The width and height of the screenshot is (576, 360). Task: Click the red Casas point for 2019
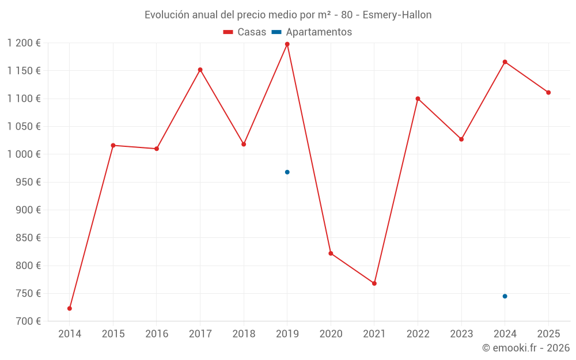[x=287, y=44]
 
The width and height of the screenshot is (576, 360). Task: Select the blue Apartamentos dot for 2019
[x=287, y=172]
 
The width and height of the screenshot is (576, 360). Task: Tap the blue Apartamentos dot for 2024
[x=505, y=296]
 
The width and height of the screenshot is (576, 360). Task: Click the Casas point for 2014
[x=70, y=309]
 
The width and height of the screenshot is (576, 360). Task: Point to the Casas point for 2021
[x=374, y=283]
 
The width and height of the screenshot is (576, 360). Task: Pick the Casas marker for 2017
[x=200, y=70]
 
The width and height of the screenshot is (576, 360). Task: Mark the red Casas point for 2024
[x=505, y=62]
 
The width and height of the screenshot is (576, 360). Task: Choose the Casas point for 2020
[x=331, y=253]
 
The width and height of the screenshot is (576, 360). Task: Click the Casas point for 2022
[x=418, y=98]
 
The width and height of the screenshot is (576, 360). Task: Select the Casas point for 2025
[x=548, y=92]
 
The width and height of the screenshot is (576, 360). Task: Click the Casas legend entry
[x=245, y=32]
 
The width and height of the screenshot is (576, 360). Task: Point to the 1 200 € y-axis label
[x=24, y=43]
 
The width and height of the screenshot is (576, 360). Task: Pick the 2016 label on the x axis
[x=157, y=334]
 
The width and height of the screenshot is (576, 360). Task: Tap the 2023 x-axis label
[x=461, y=334]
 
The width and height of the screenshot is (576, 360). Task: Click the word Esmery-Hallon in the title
[x=397, y=15]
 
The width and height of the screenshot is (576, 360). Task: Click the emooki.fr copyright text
[x=526, y=348]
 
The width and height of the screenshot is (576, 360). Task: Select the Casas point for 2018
[x=244, y=144]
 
